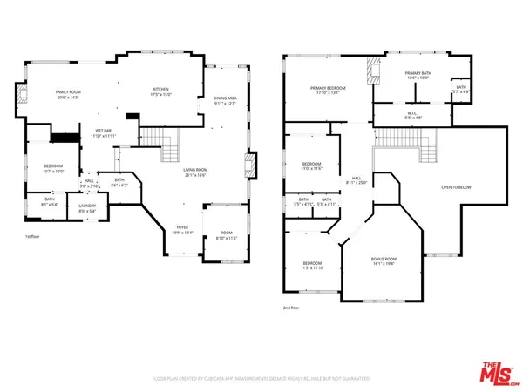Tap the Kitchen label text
[x=161, y=91]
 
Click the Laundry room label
[x=87, y=207]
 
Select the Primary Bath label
[x=418, y=75]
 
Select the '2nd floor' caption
[x=290, y=308]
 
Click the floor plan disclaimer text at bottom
[x=261, y=379]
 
